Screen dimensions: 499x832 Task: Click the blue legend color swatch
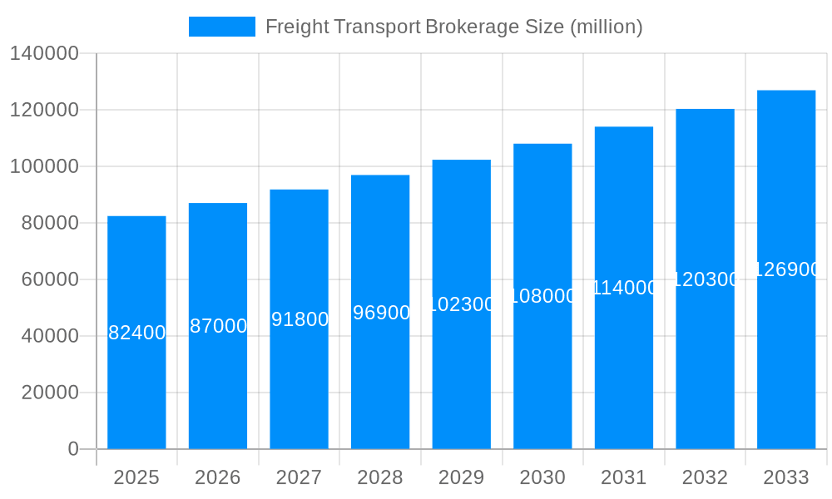tap(222, 27)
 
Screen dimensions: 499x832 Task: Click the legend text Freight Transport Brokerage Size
tap(453, 27)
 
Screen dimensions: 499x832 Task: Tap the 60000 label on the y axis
tap(50, 279)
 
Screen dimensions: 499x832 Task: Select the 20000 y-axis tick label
tap(50, 393)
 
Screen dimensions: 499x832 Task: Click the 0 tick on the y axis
tap(73, 449)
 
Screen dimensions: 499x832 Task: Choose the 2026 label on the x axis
tap(218, 477)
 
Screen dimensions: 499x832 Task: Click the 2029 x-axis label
tap(462, 477)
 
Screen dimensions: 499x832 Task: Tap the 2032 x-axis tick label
tap(705, 477)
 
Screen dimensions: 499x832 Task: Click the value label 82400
tap(137, 333)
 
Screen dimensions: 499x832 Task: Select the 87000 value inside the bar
tap(218, 326)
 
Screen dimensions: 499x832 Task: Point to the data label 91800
tap(300, 319)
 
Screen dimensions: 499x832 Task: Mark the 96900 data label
tap(381, 313)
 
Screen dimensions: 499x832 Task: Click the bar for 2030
tap(542, 374)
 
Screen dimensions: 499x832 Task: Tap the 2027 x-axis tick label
tap(300, 477)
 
